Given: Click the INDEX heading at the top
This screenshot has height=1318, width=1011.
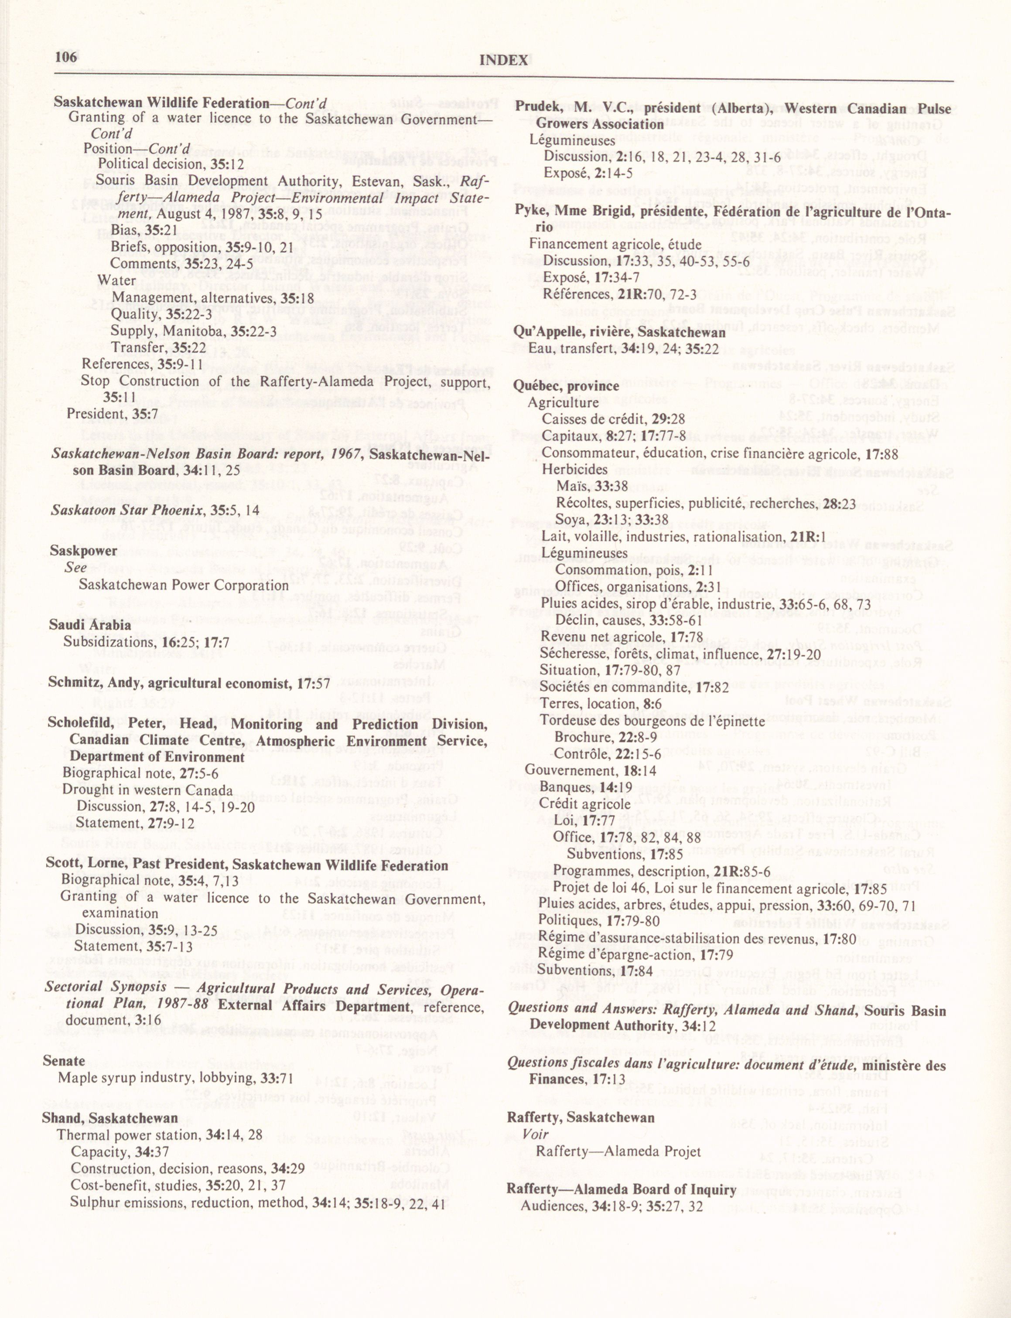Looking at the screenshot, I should click(504, 60).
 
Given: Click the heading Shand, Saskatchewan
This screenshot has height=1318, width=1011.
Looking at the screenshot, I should click(109, 1118).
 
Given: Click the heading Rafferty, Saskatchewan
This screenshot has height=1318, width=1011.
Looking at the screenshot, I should click(580, 1117).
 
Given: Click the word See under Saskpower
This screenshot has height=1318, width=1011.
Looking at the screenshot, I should click(76, 567).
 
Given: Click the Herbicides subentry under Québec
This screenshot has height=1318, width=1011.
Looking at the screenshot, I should click(575, 469).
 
